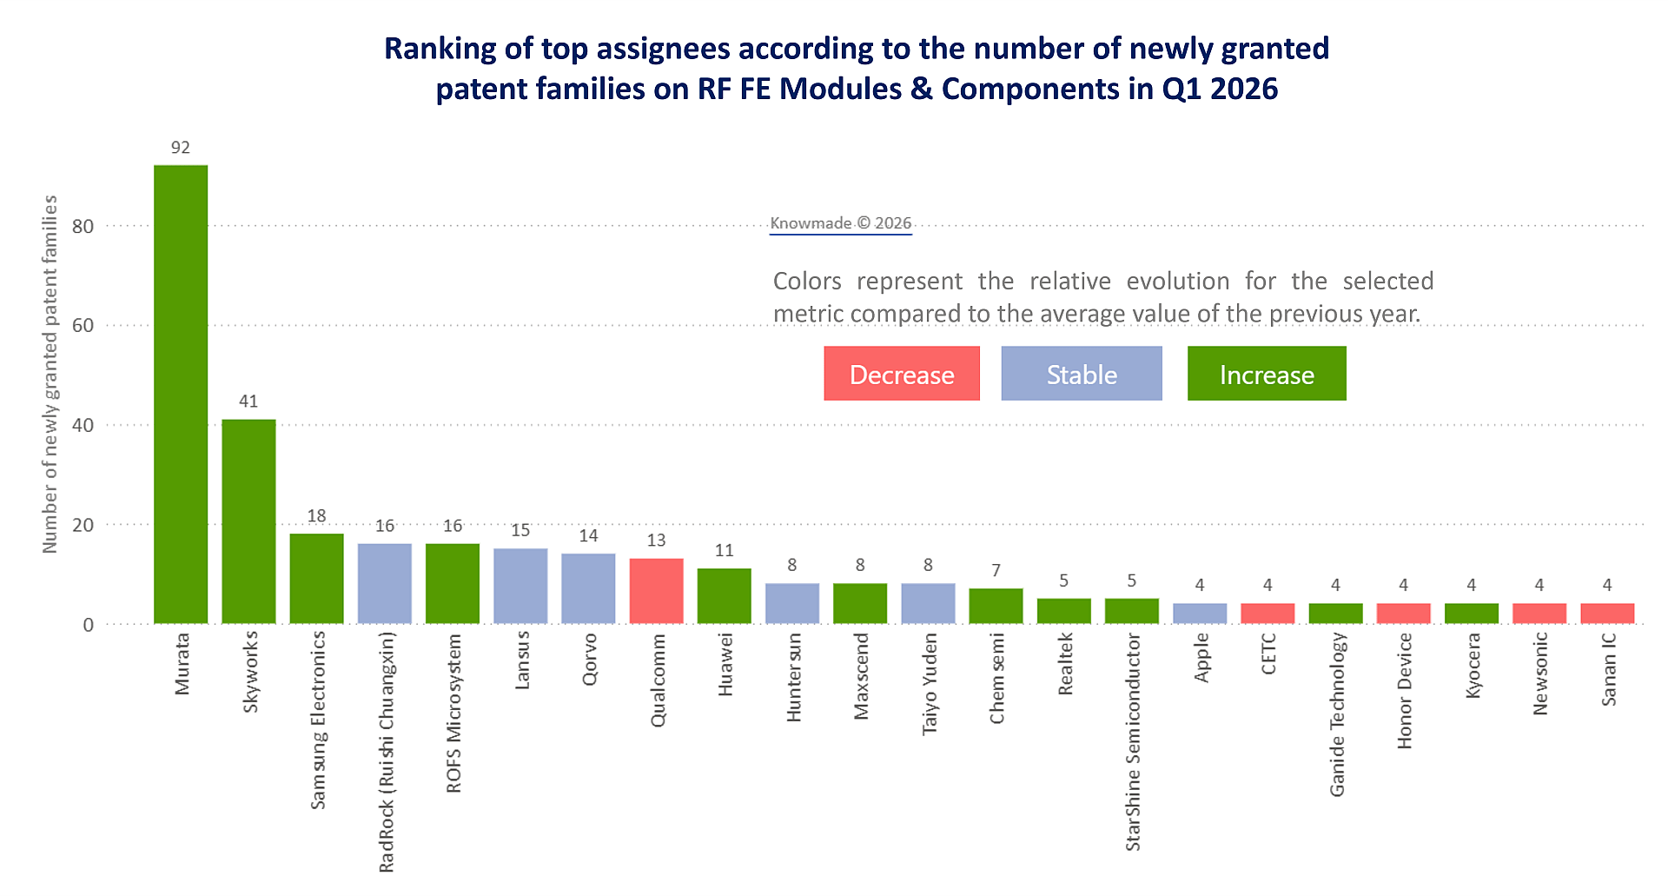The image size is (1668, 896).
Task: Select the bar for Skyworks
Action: point(248,521)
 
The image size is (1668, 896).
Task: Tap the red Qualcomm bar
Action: point(656,591)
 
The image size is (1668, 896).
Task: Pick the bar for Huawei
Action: point(724,596)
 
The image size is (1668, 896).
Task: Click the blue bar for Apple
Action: point(1200,614)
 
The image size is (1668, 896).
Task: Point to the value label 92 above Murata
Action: point(181,148)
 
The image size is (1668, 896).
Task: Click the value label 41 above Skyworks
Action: point(248,402)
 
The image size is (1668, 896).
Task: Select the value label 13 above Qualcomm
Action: point(656,541)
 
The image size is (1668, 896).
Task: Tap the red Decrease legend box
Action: point(902,374)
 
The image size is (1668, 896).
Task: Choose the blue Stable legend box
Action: point(1082,374)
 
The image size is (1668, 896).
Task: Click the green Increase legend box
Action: point(1267,374)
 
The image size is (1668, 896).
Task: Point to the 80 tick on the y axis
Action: point(83,227)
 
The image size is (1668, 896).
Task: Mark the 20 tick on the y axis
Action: point(83,526)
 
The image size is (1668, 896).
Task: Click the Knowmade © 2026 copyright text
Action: point(841,223)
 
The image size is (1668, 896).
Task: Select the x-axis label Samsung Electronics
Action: point(318,720)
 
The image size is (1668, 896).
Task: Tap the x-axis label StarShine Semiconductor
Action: point(1133,741)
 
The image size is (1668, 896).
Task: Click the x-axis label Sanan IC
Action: point(1609,669)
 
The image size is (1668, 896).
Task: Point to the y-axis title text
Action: point(50,374)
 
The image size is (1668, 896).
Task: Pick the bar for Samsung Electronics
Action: point(316,579)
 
